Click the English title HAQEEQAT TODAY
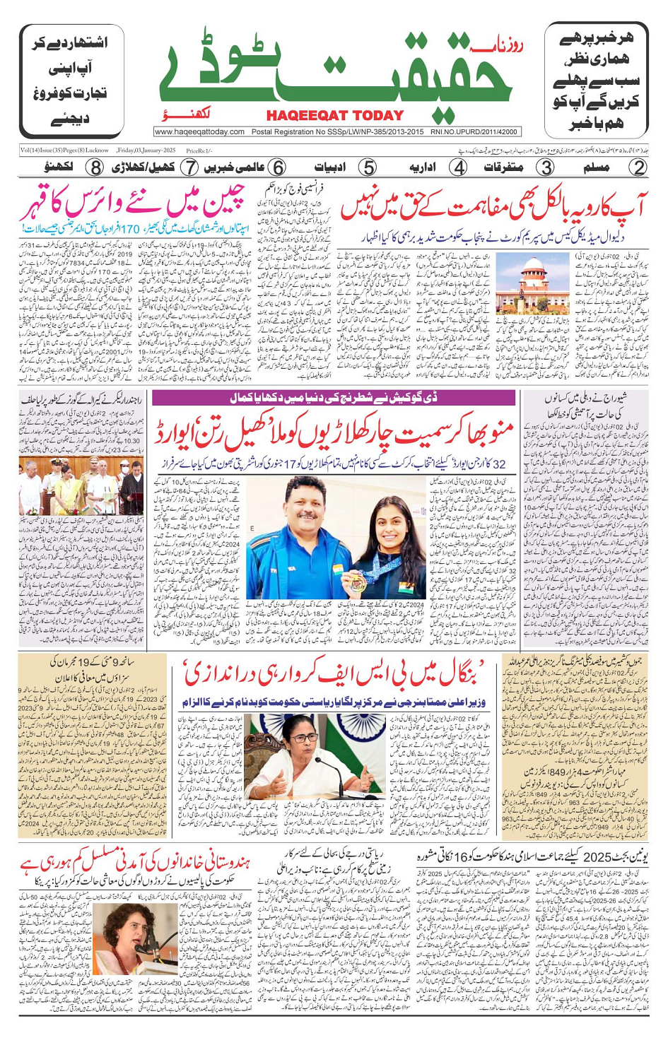tap(334, 116)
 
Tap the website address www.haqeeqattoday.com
tap(199, 131)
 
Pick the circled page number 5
tap(368, 167)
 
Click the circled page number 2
tap(638, 167)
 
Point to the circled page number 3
tap(547, 167)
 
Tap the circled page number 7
tap(189, 167)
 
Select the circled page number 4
tap(459, 167)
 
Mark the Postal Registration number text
tap(337, 131)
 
